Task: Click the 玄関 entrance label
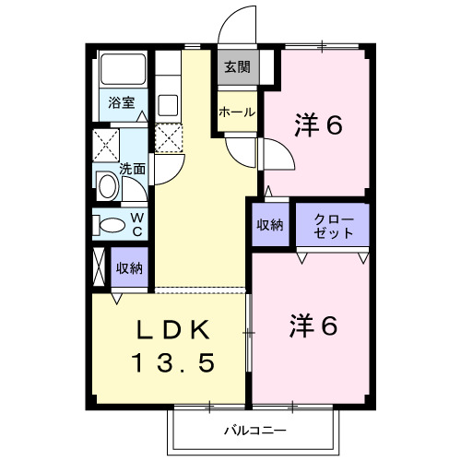(237, 67)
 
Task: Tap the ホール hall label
(237, 112)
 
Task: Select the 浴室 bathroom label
(122, 102)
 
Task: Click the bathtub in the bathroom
(124, 69)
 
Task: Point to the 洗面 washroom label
(132, 169)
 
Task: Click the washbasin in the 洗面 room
(108, 186)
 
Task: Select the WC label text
(137, 225)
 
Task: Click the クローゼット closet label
(334, 227)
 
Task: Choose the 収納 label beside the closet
(270, 225)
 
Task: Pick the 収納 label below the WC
(129, 268)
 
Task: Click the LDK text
(173, 329)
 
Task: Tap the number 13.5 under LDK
(173, 362)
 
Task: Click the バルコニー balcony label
(255, 431)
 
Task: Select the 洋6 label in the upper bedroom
(318, 125)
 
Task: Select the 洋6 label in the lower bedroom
(313, 326)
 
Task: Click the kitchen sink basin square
(168, 104)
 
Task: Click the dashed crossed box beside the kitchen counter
(169, 138)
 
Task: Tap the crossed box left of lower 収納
(99, 266)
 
